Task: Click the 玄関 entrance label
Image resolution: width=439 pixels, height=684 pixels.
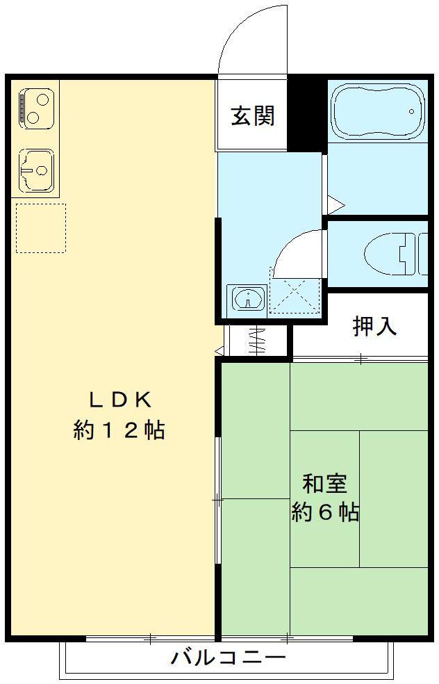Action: point(252,115)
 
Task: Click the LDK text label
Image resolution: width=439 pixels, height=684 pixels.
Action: point(119,400)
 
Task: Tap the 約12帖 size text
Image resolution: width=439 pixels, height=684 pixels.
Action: point(119,430)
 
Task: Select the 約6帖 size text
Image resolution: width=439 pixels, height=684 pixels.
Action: point(324,513)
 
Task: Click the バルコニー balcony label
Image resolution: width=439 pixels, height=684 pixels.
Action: point(228,657)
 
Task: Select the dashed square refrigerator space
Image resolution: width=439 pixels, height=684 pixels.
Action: point(40,228)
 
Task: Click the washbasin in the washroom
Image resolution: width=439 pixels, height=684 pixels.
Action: point(247,300)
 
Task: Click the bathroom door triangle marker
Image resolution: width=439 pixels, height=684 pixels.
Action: point(335,204)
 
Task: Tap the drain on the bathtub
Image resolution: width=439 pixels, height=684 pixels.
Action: point(413,111)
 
